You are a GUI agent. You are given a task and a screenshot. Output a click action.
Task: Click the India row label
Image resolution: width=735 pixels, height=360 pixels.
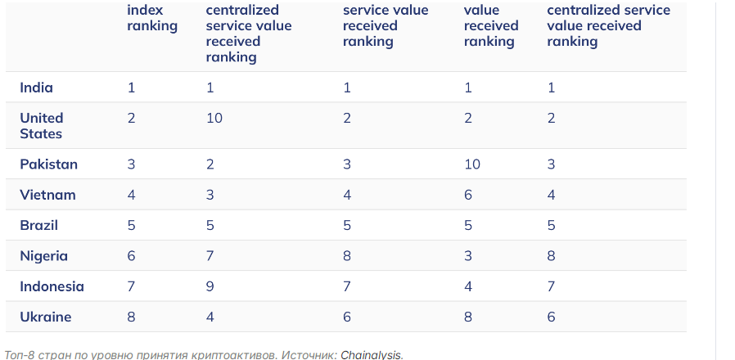(x=36, y=88)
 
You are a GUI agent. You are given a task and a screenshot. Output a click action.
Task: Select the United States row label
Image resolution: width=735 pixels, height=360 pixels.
(x=41, y=126)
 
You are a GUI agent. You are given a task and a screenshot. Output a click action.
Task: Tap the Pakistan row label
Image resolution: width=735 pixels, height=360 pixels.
(x=48, y=164)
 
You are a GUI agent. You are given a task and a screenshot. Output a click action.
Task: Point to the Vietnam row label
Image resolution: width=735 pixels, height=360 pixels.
(x=47, y=195)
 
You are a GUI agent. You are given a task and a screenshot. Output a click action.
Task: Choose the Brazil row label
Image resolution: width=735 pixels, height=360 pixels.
(x=39, y=226)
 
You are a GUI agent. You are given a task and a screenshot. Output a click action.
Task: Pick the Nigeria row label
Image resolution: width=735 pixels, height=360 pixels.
(x=43, y=256)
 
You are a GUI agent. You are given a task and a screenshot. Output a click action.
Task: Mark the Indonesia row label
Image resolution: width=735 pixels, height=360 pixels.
(x=52, y=286)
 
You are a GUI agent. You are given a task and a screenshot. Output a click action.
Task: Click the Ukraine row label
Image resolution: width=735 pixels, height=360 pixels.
(x=46, y=317)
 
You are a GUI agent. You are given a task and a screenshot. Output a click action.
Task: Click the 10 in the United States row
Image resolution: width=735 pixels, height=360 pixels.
(x=214, y=118)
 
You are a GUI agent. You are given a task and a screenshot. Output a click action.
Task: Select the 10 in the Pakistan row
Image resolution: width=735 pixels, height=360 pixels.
(x=472, y=164)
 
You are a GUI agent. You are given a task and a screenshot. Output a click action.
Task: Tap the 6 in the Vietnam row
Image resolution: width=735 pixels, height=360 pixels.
(x=468, y=195)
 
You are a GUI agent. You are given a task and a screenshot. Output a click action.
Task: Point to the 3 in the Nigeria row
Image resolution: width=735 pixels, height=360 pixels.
(x=468, y=256)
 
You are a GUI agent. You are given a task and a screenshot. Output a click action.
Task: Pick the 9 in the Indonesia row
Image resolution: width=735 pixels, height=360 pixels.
(x=210, y=286)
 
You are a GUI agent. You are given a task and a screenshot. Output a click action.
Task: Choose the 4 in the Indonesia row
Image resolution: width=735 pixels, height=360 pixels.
(x=468, y=286)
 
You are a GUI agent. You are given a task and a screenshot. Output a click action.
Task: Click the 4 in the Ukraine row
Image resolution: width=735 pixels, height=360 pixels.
(x=210, y=317)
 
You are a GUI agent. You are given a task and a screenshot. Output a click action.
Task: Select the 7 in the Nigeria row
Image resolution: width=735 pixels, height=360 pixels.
(x=210, y=256)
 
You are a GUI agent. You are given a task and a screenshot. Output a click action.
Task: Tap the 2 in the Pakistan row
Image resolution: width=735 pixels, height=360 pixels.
(x=210, y=164)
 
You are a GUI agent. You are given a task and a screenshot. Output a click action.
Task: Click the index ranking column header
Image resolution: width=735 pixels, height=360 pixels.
(x=152, y=18)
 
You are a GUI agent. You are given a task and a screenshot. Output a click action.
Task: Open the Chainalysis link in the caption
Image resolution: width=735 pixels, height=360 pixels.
(x=372, y=355)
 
